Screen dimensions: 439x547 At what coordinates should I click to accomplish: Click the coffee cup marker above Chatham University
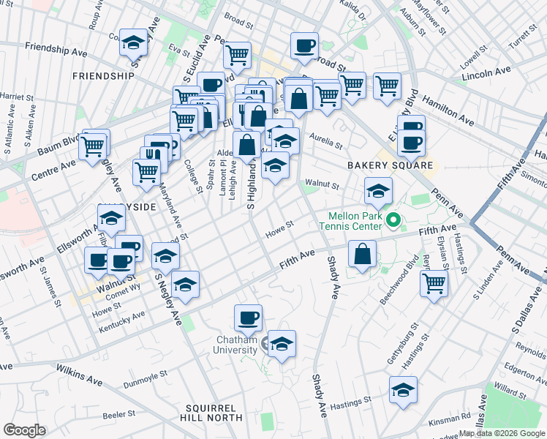point(248,318)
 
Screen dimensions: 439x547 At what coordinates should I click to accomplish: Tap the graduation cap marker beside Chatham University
point(281,343)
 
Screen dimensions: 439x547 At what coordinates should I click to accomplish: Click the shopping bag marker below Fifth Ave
point(363,255)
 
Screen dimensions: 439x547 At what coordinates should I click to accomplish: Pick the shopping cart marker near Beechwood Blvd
point(434,282)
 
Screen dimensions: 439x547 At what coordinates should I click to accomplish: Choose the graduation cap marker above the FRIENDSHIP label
point(134,42)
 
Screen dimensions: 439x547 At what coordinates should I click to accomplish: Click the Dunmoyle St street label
point(146,373)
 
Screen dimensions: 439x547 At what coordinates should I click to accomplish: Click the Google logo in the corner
point(24,430)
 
